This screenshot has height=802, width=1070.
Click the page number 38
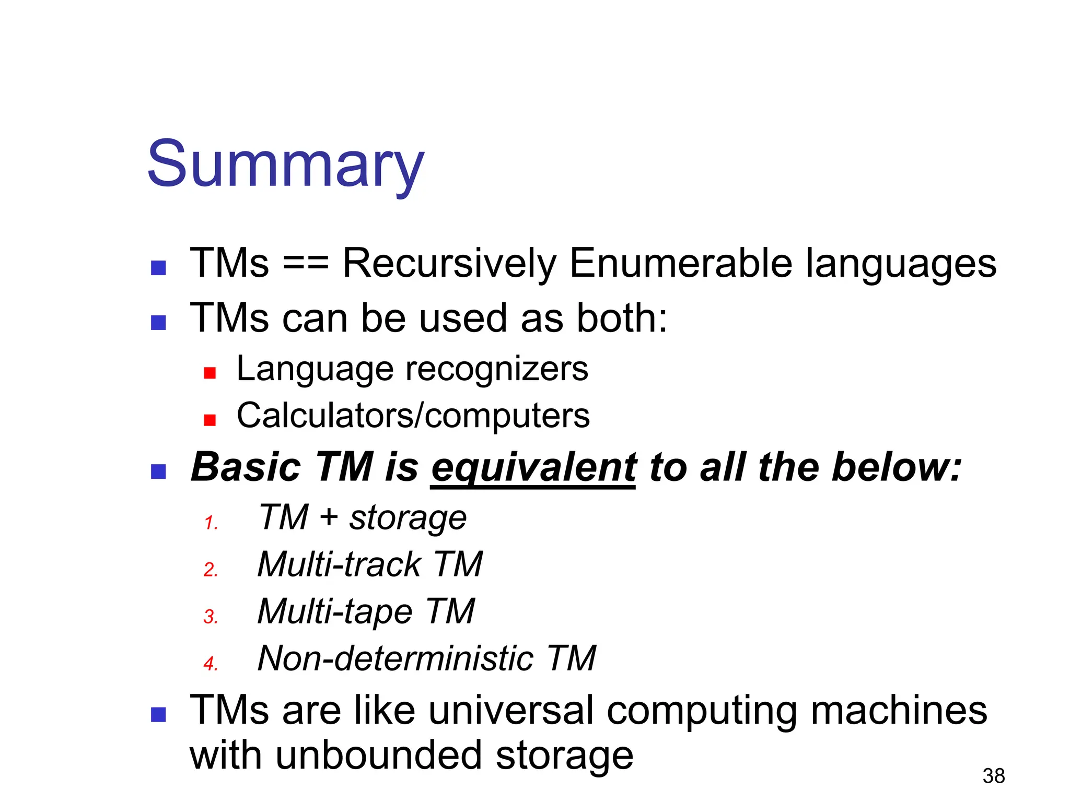pos(993,776)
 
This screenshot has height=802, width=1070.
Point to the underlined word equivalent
pos(533,467)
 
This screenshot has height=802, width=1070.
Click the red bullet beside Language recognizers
pos(210,373)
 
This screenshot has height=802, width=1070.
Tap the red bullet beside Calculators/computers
pos(210,420)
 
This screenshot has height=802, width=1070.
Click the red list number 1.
pos(211,523)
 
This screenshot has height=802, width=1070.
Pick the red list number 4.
pos(211,664)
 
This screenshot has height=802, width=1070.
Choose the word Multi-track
pos(339,564)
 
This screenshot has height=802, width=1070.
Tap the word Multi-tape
pos(335,611)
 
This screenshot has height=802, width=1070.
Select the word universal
pos(511,711)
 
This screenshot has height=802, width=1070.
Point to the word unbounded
pos(379,756)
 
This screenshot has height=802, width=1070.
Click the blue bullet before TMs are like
pos(158,715)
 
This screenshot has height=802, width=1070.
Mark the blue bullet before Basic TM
pos(158,471)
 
